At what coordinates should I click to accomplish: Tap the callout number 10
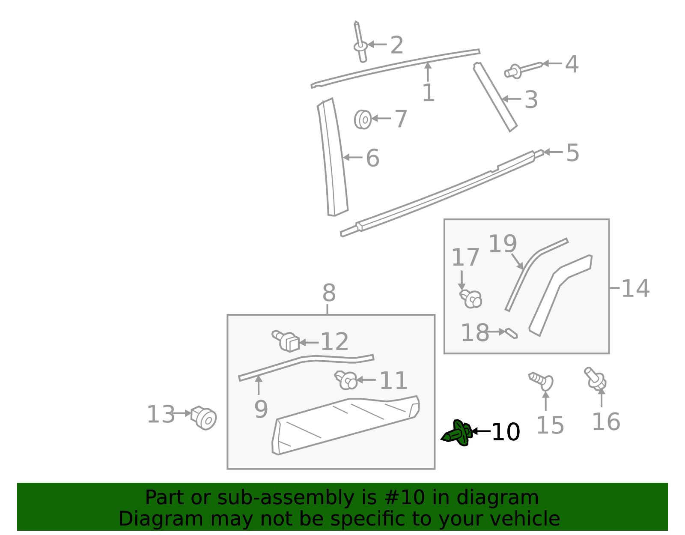coord(506,432)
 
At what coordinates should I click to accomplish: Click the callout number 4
coord(572,64)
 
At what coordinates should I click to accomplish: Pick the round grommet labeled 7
coord(363,119)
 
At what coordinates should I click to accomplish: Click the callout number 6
coord(372,158)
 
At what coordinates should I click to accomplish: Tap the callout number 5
coord(572,152)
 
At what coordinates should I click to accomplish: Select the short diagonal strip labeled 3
coord(495,97)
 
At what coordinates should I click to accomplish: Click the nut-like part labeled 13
coord(204,417)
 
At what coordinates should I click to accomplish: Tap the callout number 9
coord(261,409)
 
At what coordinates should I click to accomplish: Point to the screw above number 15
coord(542,380)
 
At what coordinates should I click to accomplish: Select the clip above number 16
coord(596,378)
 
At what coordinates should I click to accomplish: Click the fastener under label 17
coord(471,298)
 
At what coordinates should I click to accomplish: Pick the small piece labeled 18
coord(511,333)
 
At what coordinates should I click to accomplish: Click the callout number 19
coord(502,244)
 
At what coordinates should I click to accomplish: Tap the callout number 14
coord(635,288)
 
